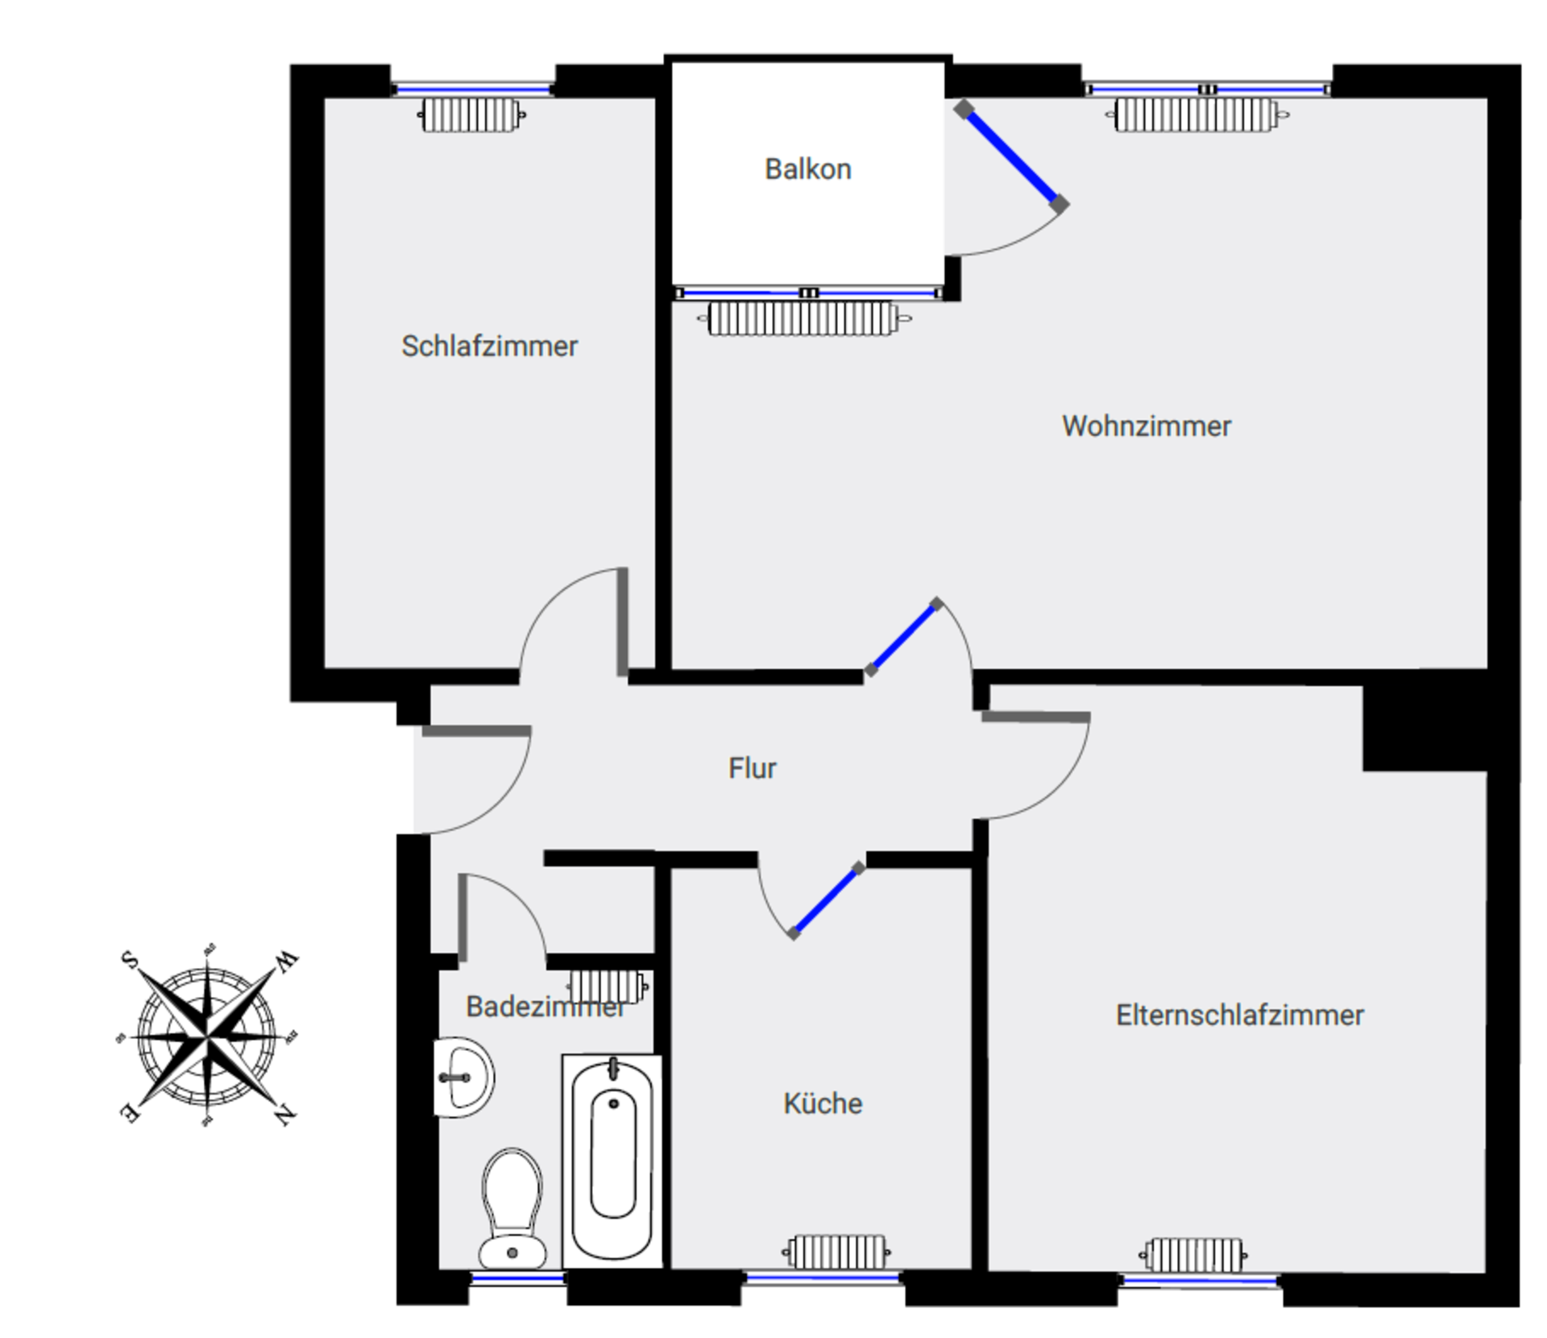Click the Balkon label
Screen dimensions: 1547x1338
(807, 169)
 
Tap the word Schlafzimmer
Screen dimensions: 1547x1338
(489, 346)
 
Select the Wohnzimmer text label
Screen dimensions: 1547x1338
(1146, 426)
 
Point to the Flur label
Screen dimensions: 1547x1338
(752, 768)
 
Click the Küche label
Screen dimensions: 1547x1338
(823, 1103)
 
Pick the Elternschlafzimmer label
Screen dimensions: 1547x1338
(1239, 1015)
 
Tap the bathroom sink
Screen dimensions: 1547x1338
(463, 1077)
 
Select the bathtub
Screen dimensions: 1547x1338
(612, 1161)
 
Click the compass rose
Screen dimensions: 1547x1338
(209, 1036)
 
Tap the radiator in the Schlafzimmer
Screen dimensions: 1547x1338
(471, 115)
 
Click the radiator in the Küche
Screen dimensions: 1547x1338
(836, 1252)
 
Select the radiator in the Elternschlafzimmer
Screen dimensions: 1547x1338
(1194, 1254)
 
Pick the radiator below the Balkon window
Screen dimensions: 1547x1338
(803, 318)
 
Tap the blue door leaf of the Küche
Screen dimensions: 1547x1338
(826, 900)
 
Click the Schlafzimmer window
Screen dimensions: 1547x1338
(473, 89)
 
